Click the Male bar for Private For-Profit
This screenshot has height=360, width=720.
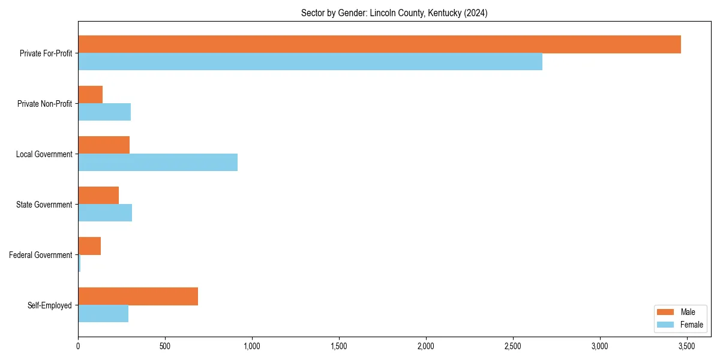click(379, 44)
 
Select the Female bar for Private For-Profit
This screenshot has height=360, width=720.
click(310, 62)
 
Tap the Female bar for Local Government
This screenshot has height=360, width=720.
click(158, 163)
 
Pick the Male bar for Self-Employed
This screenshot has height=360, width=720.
click(138, 296)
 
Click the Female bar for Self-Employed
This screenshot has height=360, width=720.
click(103, 314)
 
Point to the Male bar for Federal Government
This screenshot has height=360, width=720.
click(89, 246)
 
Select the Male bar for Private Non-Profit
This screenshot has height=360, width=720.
click(91, 95)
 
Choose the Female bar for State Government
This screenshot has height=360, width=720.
click(105, 213)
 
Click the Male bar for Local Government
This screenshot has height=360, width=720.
click(104, 145)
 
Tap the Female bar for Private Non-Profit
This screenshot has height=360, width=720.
click(104, 112)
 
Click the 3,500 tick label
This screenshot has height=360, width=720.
click(687, 346)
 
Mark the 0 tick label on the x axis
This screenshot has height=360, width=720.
click(78, 346)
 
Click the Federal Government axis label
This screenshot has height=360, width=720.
click(41, 255)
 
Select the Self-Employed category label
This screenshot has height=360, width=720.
click(50, 305)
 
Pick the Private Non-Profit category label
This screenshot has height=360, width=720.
click(44, 104)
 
